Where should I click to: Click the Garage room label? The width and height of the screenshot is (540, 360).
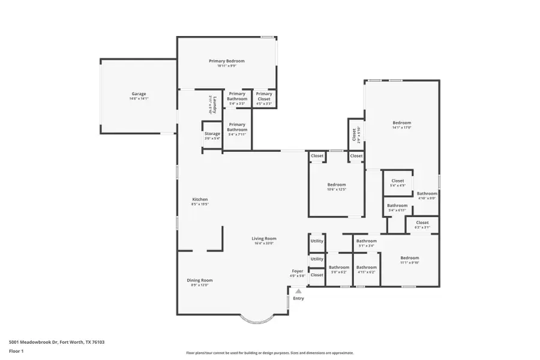pyautogui.click(x=139, y=94)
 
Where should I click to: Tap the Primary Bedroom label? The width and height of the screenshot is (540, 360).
pyautogui.click(x=226, y=61)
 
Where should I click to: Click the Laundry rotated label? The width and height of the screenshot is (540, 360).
pyautogui.click(x=212, y=105)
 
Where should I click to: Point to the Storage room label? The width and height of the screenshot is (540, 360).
pyautogui.click(x=212, y=134)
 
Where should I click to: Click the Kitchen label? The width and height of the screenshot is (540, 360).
pyautogui.click(x=200, y=199)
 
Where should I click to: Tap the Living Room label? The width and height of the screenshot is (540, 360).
pyautogui.click(x=263, y=239)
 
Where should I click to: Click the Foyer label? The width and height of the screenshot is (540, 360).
pyautogui.click(x=298, y=271)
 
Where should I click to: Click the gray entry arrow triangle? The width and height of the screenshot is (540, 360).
pyautogui.click(x=298, y=291)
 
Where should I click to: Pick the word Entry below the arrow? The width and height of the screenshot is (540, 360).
pyautogui.click(x=298, y=298)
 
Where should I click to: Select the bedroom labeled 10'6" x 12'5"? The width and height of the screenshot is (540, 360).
pyautogui.click(x=336, y=185)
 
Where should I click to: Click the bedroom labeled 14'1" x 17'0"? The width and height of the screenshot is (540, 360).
pyautogui.click(x=401, y=123)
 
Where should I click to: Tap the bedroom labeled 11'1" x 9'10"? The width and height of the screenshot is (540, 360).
pyautogui.click(x=409, y=258)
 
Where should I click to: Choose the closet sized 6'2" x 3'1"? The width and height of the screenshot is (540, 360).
pyautogui.click(x=422, y=223)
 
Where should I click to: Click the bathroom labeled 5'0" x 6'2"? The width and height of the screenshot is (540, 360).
pyautogui.click(x=339, y=268)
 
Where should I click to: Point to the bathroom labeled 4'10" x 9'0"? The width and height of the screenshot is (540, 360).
pyautogui.click(x=427, y=194)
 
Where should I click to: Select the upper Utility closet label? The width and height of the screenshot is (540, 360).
pyautogui.click(x=317, y=241)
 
